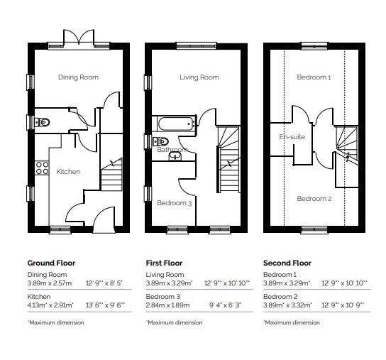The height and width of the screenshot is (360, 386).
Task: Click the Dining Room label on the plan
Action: coord(78,77)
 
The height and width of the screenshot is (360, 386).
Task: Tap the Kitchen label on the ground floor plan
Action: coord(68,171)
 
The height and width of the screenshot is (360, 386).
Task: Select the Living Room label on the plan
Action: coord(199,77)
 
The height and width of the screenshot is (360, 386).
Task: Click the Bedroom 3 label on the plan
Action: coord(175,203)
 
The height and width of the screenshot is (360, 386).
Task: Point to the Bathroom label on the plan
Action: coord(172,150)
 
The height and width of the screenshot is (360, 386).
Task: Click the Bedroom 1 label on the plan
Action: coord(314,77)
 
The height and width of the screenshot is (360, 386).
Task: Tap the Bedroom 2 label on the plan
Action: coord(314,199)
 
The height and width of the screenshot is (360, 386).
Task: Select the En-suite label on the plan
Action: coord(292,136)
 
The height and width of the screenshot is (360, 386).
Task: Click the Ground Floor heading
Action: coord(51,263)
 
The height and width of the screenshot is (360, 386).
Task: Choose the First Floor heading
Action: coord(164,263)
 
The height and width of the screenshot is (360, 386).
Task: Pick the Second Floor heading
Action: coord(287,263)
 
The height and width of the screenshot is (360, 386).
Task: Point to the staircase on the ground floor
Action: coord(111,174)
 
